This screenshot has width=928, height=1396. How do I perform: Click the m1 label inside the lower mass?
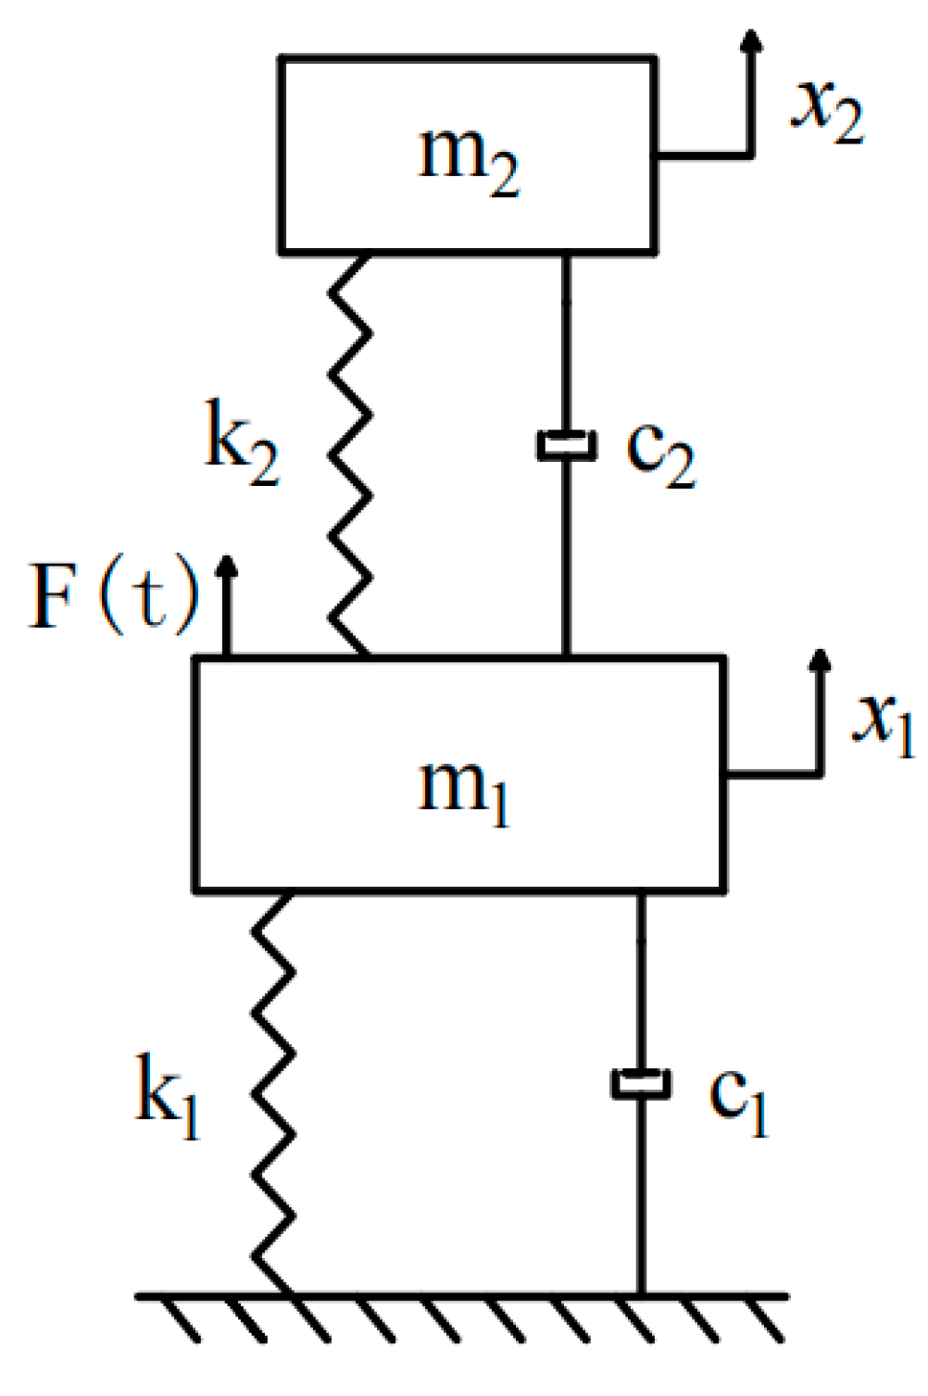pos(463,791)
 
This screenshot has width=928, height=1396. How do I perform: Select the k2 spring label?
pos(241,448)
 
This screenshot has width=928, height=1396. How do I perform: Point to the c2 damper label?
pos(659,454)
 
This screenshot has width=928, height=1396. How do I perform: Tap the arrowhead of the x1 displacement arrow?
pos(819,659)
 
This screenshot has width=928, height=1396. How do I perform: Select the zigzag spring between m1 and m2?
pos(351,454)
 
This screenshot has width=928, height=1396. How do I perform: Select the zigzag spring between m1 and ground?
pos(274,1092)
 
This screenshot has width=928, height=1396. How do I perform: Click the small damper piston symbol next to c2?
pos(566,445)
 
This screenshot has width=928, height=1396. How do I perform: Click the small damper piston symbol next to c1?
pos(641,1083)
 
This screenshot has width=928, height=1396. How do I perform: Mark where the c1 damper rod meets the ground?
pos(641,1294)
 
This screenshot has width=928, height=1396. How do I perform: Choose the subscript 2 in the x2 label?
pos(847,122)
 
